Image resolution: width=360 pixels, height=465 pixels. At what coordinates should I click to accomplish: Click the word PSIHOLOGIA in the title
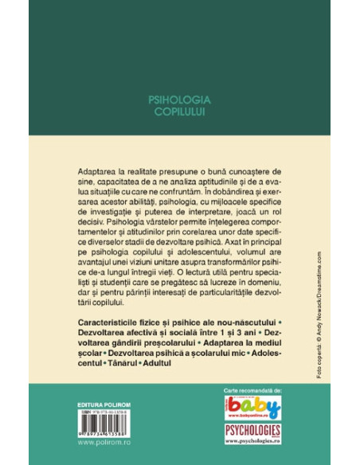click(178, 101)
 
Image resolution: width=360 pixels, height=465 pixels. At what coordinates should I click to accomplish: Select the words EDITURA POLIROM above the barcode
click(108, 392)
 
